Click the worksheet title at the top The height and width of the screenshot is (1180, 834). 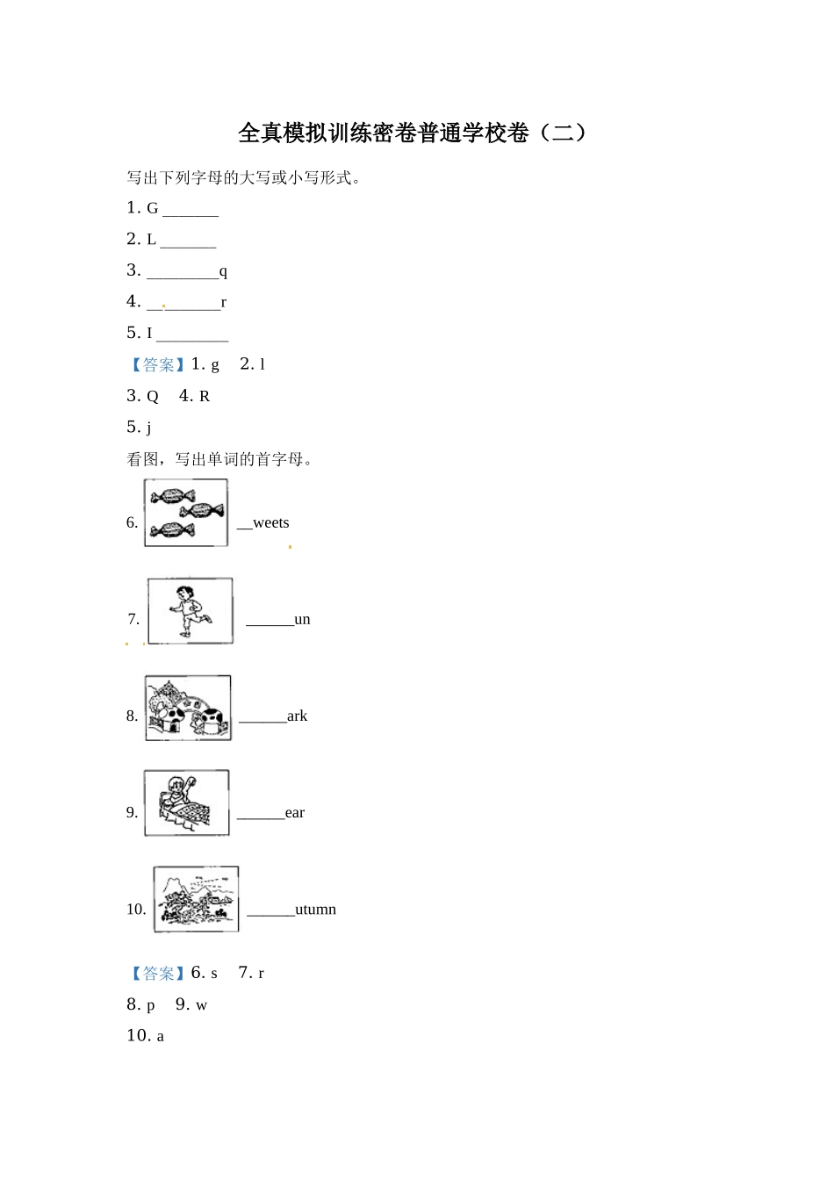413,133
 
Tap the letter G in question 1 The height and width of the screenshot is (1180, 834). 152,209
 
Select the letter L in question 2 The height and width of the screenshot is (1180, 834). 151,240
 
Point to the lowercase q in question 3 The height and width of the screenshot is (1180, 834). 223,272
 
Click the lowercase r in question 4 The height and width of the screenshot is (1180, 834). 224,303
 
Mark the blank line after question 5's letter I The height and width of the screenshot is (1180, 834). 192,338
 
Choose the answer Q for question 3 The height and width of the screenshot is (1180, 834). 153,397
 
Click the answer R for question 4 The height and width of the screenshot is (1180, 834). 205,397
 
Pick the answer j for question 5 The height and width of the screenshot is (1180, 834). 149,428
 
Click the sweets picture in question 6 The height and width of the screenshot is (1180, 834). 186,513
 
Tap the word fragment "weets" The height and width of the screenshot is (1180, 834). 270,523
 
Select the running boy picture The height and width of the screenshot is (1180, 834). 191,611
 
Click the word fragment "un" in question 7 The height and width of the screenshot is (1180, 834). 302,620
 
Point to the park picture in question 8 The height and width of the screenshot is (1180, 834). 188,708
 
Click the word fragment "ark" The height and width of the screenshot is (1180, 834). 297,716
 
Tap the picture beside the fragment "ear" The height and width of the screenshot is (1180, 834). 186,803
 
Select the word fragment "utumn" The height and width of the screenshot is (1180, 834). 315,910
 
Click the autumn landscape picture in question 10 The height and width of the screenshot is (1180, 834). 196,899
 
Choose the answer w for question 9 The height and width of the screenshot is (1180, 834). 201,1006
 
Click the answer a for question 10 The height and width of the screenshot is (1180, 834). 160,1037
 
